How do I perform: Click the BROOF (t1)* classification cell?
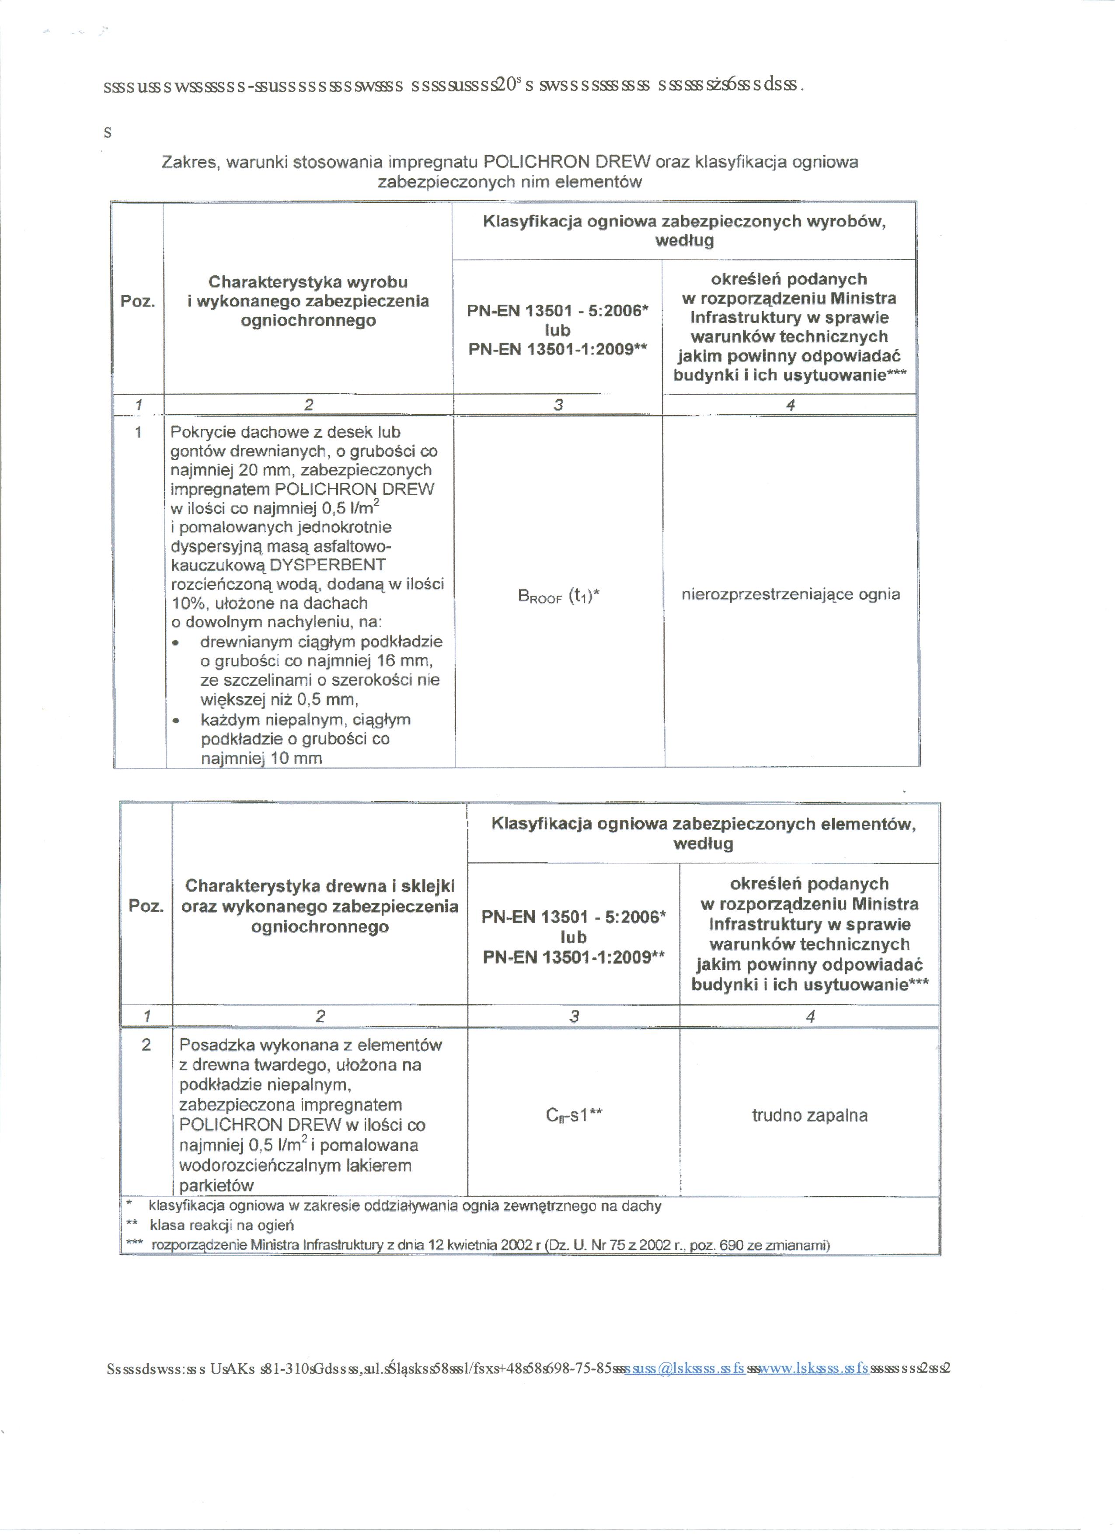[558, 596]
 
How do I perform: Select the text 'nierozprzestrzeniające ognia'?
[790, 594]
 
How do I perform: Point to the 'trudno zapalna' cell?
[809, 1115]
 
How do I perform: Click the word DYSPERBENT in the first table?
[328, 565]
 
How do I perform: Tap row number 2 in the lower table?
[146, 1045]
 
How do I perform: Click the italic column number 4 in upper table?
[790, 405]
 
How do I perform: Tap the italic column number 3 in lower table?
[574, 1016]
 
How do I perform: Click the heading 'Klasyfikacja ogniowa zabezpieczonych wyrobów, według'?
[684, 231]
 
